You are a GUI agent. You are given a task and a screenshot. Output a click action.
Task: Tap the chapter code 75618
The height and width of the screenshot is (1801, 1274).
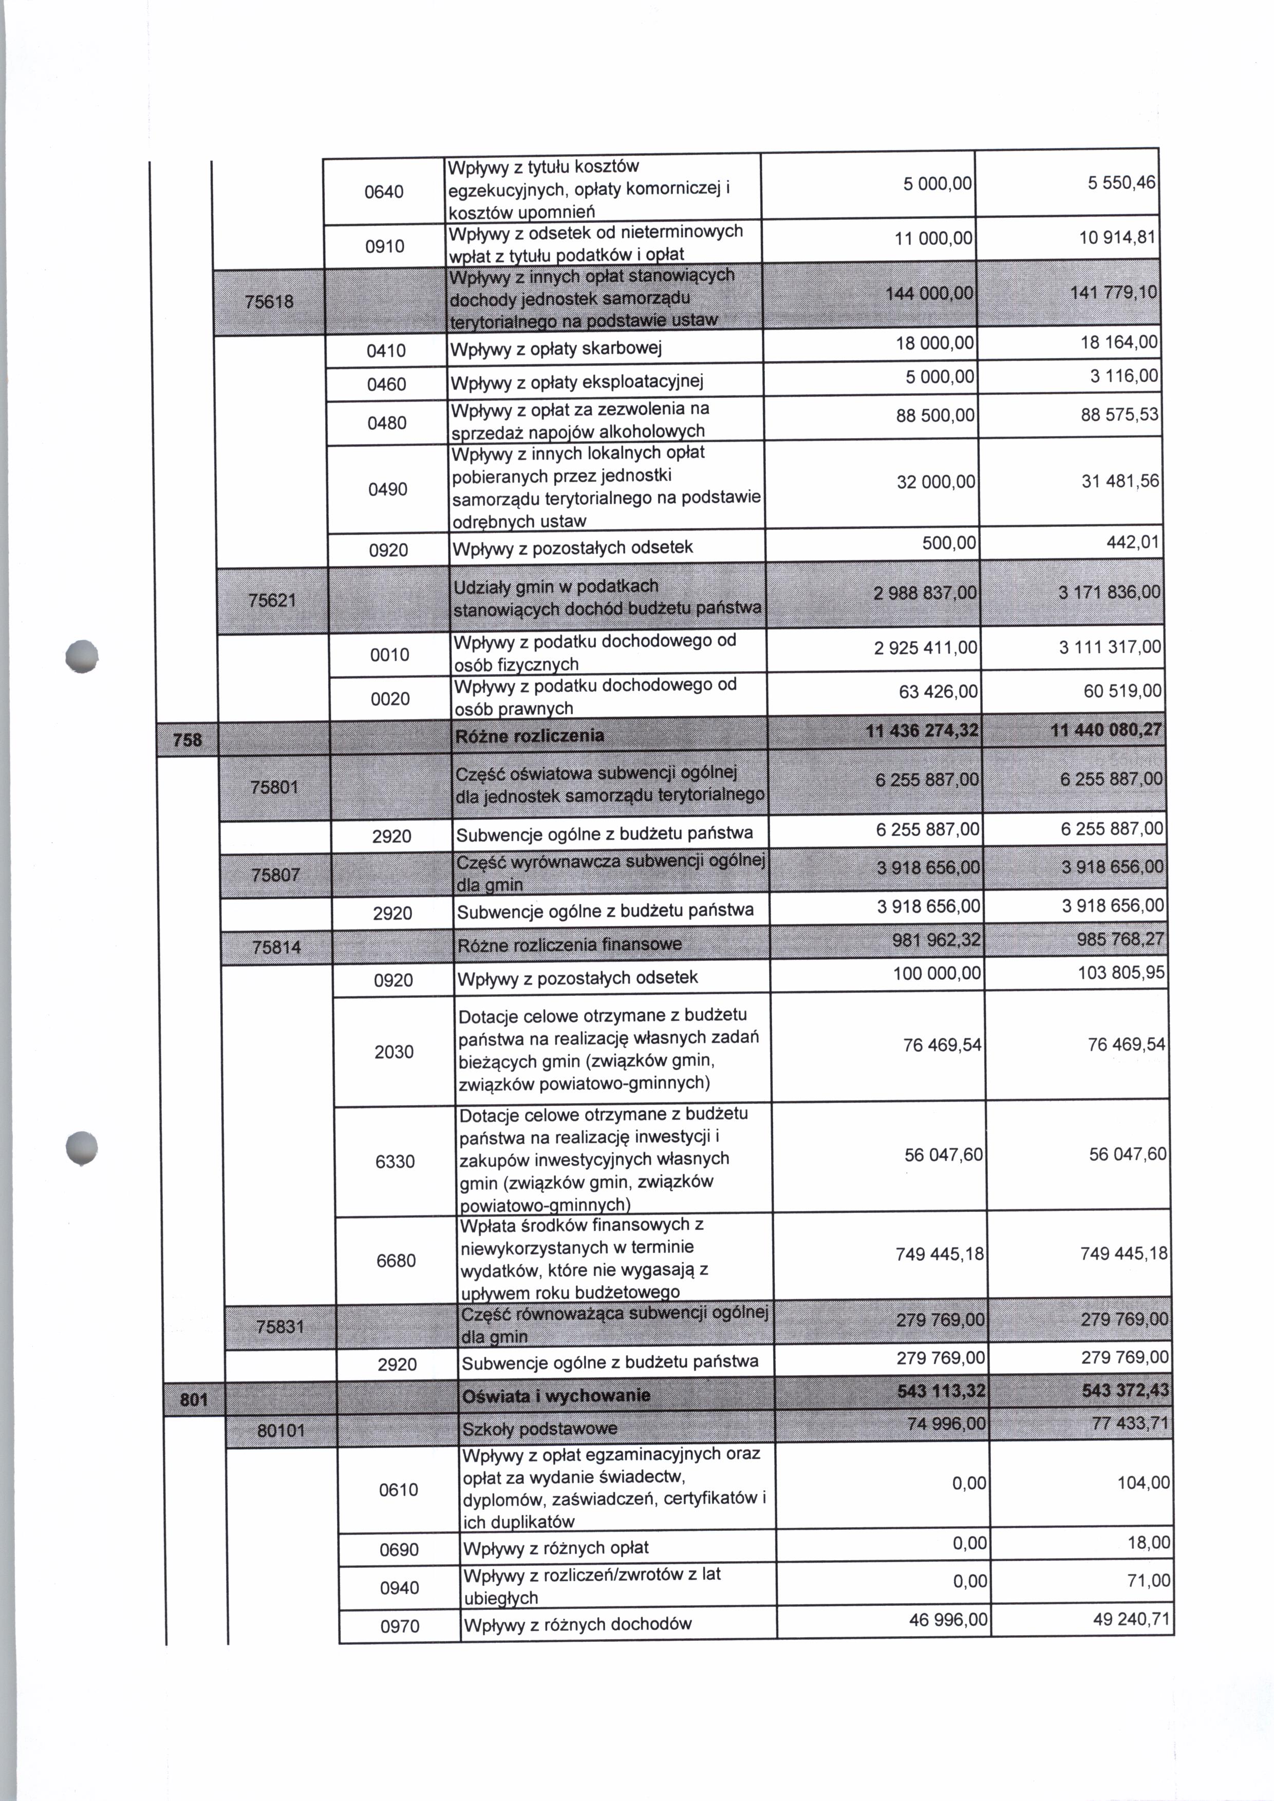pyautogui.click(x=269, y=300)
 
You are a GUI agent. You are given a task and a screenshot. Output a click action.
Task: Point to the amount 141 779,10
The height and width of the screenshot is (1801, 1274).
pyautogui.click(x=1113, y=293)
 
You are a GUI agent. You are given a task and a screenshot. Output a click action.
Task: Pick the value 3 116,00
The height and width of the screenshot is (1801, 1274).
pyautogui.click(x=1123, y=376)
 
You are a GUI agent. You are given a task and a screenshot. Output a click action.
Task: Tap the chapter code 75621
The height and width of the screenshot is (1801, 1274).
pyautogui.click(x=272, y=600)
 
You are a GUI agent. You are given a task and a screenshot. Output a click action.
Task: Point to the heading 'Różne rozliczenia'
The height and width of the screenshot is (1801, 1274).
pyautogui.click(x=530, y=736)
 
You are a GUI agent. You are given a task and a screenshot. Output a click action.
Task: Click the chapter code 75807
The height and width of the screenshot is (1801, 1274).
pyautogui.click(x=275, y=875)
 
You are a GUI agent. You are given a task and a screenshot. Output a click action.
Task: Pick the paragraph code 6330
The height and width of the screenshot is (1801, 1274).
pyautogui.click(x=395, y=1162)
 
